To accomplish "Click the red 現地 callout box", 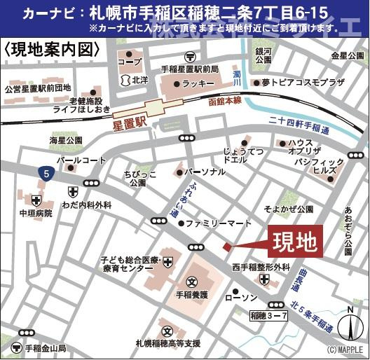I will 294,242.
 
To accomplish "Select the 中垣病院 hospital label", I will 35,212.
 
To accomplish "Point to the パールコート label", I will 79,160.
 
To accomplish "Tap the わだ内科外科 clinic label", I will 85,205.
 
